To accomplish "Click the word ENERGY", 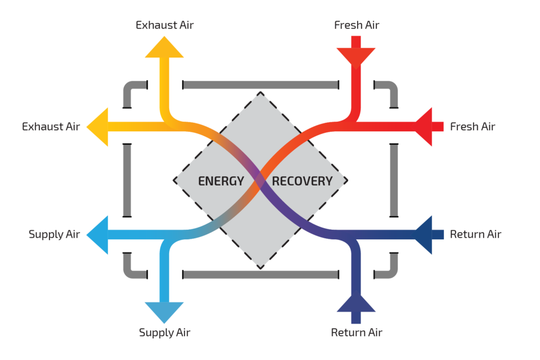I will tap(221, 181).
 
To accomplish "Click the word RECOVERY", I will tap(302, 181).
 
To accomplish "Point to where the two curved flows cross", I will tap(261, 180).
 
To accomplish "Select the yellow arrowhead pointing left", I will tap(98, 127).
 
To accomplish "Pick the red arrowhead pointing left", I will tap(425, 127).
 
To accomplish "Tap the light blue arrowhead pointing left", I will tap(98, 235).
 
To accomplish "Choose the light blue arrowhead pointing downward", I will tap(164, 311).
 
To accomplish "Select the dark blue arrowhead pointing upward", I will tap(356, 304).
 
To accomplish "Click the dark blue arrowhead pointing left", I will tap(425, 235).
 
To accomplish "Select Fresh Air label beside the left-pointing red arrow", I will tap(472, 127).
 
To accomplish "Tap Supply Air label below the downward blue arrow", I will tap(165, 333).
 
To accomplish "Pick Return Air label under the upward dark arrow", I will tap(356, 333).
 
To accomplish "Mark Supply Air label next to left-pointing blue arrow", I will tap(54, 235).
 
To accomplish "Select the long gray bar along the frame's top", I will tap(261, 85).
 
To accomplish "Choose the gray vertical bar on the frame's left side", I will tap(127, 180).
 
